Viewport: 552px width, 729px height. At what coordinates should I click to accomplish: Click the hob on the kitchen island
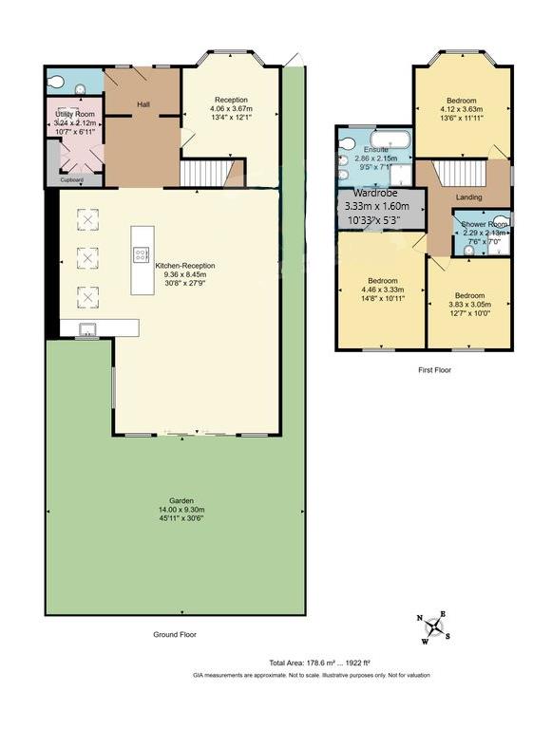click(141, 253)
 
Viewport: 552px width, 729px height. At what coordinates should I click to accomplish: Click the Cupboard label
click(72, 178)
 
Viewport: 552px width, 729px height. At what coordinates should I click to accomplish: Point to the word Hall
click(143, 104)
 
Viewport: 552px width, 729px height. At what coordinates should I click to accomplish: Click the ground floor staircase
click(202, 174)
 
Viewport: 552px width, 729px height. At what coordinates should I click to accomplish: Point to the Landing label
click(468, 197)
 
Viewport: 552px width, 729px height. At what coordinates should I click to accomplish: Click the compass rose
click(435, 626)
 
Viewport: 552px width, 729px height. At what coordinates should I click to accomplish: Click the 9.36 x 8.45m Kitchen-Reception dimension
click(185, 274)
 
